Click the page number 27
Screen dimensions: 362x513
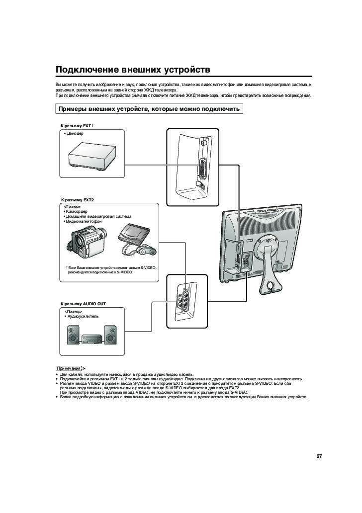pos(319,456)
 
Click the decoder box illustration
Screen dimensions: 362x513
pos(92,157)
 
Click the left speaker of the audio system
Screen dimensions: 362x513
pos(73,335)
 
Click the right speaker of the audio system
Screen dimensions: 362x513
pos(110,335)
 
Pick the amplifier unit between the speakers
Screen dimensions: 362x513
pos(91,339)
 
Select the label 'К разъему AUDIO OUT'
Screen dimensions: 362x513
pos(83,304)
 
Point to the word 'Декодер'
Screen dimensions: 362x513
pos(75,134)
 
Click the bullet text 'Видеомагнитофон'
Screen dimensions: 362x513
pos(84,221)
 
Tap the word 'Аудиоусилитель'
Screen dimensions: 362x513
pos(83,316)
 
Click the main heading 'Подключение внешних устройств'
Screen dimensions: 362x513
pos(133,70)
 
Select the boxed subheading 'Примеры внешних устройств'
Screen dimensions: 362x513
pos(149,109)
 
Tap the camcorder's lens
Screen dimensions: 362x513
pos(79,243)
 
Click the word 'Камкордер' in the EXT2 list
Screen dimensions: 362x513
pos(77,211)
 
